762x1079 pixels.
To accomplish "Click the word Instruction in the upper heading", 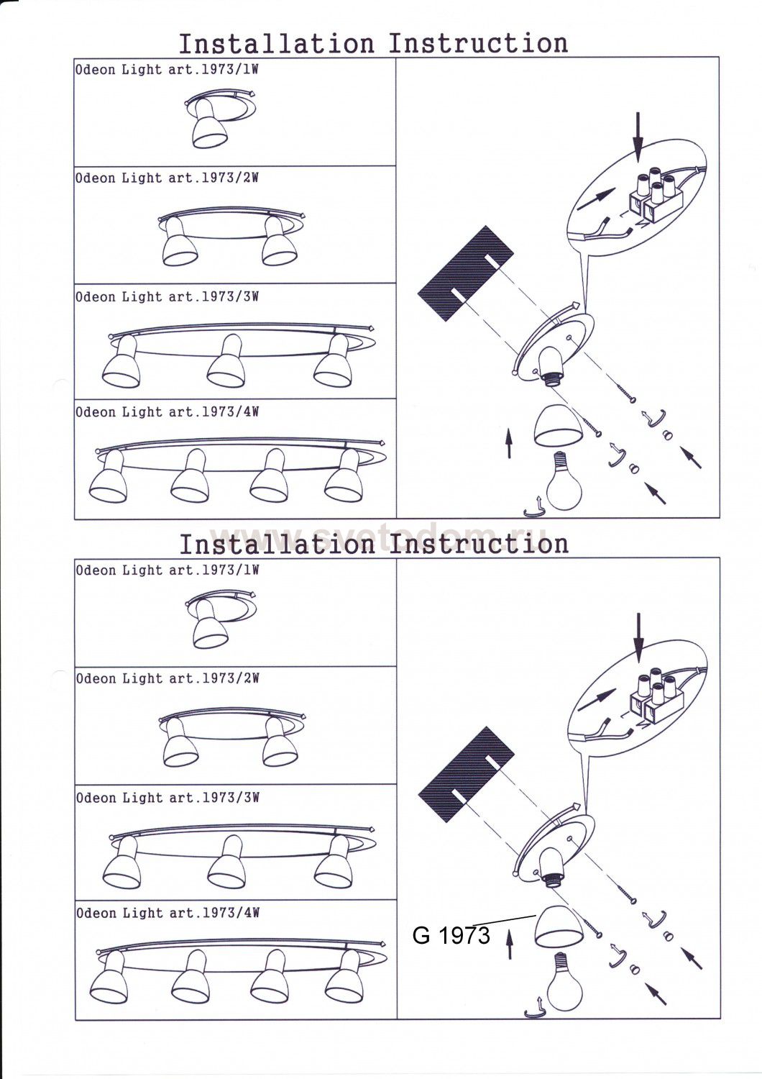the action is (x=478, y=44).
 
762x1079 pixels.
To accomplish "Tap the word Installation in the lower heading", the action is (x=277, y=545).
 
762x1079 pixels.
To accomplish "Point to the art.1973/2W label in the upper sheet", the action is (x=214, y=178).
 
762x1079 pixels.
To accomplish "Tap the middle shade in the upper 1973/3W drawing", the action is (x=226, y=367).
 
